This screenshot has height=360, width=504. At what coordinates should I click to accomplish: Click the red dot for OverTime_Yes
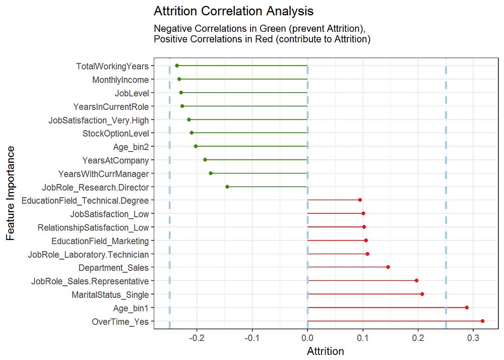click(x=482, y=321)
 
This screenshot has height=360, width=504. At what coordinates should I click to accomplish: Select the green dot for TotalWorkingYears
click(x=177, y=66)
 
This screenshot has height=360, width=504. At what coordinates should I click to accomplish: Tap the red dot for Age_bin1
click(x=467, y=308)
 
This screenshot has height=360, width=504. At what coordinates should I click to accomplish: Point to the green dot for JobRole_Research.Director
click(x=227, y=187)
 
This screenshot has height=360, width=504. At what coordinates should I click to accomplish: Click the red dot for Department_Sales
click(x=388, y=267)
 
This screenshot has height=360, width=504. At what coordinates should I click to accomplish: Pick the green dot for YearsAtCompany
click(x=205, y=160)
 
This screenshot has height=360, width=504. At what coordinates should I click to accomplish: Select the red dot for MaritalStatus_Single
click(x=422, y=294)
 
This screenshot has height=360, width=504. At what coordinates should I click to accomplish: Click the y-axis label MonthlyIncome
click(x=120, y=80)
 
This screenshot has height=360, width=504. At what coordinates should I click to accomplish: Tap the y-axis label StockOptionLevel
click(x=115, y=134)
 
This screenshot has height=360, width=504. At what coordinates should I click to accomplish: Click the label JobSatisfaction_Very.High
click(x=98, y=120)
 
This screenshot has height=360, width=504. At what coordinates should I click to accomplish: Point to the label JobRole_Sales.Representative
click(x=90, y=281)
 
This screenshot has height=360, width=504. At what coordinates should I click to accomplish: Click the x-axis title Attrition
click(x=326, y=351)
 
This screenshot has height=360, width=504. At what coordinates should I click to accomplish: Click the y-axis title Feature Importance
click(x=11, y=193)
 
